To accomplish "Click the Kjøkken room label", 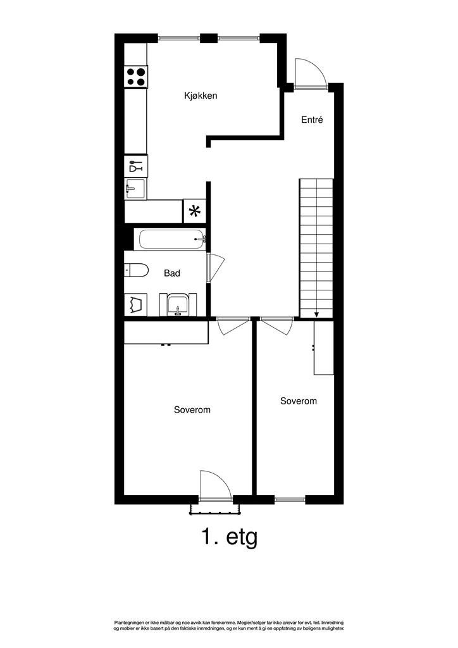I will [x=201, y=96].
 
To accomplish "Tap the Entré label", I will [x=312, y=119].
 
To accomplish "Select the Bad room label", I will [x=172, y=273].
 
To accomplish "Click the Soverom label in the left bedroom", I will [x=192, y=410].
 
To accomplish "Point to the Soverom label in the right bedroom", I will [x=299, y=401].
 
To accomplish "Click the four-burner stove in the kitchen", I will [x=136, y=77].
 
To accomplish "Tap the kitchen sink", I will [x=135, y=189].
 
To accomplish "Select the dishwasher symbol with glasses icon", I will [x=135, y=166].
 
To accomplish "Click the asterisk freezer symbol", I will [x=195, y=211].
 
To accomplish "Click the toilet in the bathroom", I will [x=135, y=271].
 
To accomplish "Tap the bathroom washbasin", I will [x=179, y=304].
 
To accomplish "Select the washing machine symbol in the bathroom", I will [x=135, y=304].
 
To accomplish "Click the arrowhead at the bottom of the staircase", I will [x=316, y=314].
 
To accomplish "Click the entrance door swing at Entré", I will [x=310, y=73].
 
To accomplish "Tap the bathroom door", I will [x=215, y=268].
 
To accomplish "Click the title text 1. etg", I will [x=229, y=537].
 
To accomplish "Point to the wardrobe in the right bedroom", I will [x=324, y=347].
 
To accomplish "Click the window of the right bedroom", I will [x=290, y=499].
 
